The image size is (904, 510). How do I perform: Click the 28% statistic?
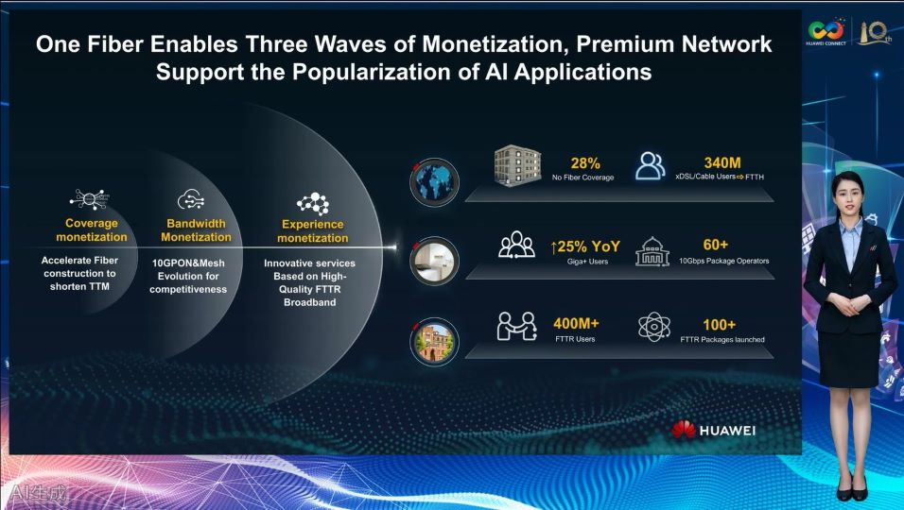(x=585, y=163)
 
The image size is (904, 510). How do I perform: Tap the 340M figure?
(x=722, y=162)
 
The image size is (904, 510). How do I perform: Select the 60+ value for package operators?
(x=716, y=245)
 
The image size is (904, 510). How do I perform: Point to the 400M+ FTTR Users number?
(x=576, y=324)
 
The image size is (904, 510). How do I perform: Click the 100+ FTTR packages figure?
(x=719, y=325)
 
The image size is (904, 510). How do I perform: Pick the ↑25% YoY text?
(x=585, y=246)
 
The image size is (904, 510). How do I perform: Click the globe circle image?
(x=434, y=182)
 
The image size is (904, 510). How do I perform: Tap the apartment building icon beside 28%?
(x=517, y=166)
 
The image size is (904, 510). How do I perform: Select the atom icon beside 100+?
(x=654, y=327)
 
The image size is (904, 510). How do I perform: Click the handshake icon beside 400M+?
(x=516, y=327)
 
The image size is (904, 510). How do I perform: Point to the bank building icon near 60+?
(x=652, y=251)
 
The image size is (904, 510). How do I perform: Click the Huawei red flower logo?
(x=683, y=430)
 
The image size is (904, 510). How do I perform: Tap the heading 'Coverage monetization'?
(x=92, y=229)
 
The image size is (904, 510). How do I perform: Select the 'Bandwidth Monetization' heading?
(x=196, y=230)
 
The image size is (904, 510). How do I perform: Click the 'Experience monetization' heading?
(x=312, y=230)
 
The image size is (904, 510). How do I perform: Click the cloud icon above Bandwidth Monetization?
(x=190, y=199)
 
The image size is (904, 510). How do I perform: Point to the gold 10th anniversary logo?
(x=875, y=32)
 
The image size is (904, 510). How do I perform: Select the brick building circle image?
(x=434, y=341)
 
